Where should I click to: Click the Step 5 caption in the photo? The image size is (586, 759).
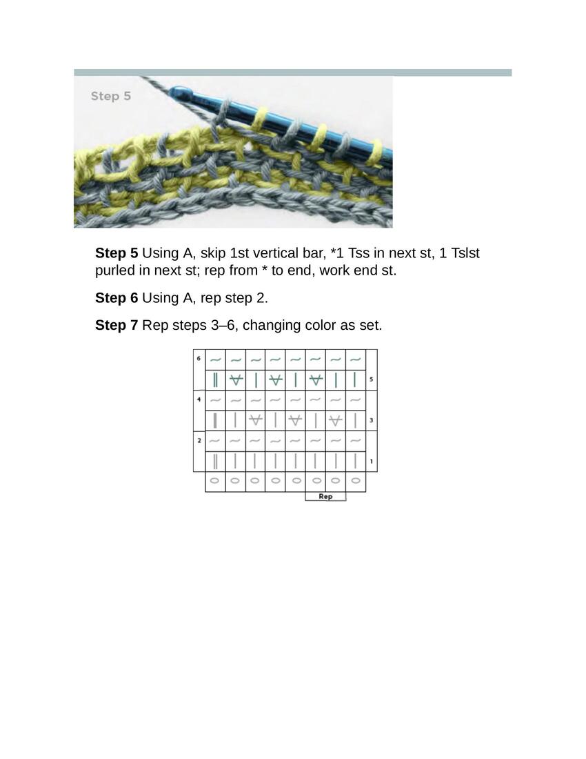click(111, 96)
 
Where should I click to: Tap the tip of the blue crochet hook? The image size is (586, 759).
click(172, 90)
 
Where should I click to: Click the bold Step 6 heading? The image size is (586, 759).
click(117, 297)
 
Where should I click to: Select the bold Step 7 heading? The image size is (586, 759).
click(117, 325)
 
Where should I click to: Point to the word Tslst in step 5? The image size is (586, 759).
click(465, 253)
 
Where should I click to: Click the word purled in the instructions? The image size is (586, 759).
click(114, 270)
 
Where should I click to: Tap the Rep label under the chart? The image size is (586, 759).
click(325, 496)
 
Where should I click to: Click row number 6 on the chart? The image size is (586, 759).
click(199, 359)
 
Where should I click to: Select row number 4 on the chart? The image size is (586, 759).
click(199, 400)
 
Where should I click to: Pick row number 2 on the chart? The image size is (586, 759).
click(199, 440)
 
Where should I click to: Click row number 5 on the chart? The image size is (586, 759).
click(372, 379)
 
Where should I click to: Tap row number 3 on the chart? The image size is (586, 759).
click(372, 420)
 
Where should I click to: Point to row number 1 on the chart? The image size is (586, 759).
click(372, 462)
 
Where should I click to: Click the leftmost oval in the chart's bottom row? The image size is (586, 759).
click(215, 481)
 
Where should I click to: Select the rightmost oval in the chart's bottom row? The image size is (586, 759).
click(355, 481)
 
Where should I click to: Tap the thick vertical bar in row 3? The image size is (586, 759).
click(215, 420)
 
